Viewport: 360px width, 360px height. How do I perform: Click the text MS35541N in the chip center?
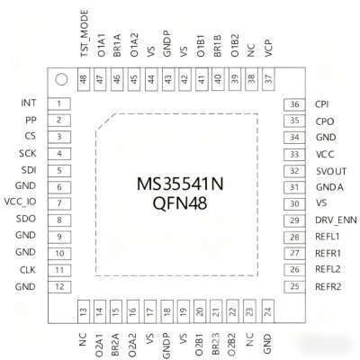point(181,184)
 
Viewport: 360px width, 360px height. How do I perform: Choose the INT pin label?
point(28,103)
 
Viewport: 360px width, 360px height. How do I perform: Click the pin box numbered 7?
point(59,202)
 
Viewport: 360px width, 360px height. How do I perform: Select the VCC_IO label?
point(22,202)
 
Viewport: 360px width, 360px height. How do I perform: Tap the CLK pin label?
point(27,269)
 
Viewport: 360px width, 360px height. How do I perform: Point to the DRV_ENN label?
point(335,220)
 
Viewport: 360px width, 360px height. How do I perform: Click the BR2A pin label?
point(116,338)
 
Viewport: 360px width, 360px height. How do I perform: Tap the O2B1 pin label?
point(199,338)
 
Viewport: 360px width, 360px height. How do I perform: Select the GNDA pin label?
point(328,186)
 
